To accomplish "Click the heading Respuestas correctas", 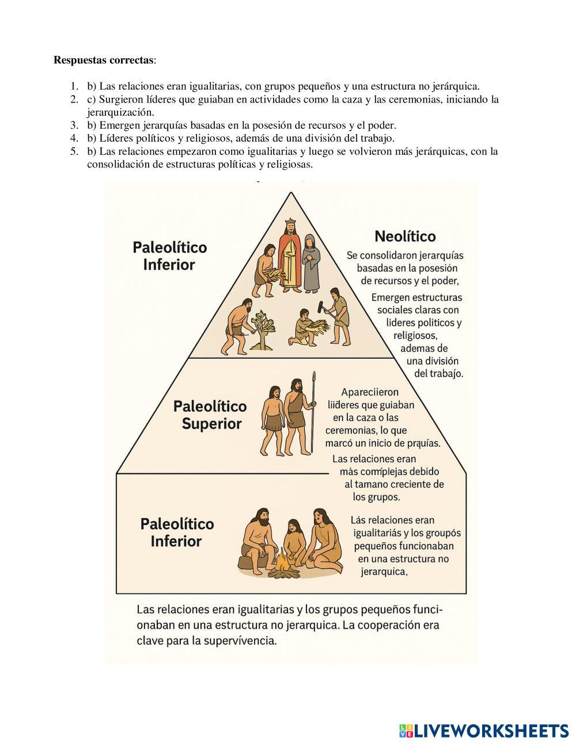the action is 104,60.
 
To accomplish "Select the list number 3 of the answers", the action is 74,126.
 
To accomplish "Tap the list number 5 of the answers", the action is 74,152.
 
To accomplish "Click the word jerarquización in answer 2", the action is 120,112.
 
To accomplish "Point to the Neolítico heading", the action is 405,237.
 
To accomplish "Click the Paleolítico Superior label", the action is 210,415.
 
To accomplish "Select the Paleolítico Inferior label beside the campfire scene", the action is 177,533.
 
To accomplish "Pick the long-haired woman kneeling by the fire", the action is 323,538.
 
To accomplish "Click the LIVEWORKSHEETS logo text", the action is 491,731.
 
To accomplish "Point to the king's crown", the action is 290,222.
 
